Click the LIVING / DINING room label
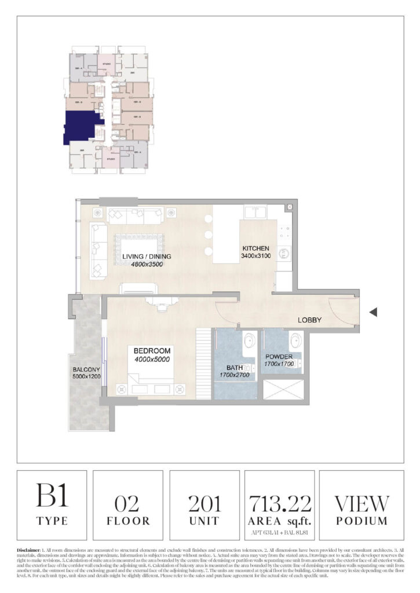(x=147, y=256)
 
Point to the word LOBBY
(x=309, y=320)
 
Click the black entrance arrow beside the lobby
(x=374, y=312)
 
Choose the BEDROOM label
(x=152, y=351)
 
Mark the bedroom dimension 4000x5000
(x=152, y=359)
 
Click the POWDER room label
(x=279, y=357)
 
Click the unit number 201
(x=204, y=503)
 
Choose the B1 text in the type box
(x=52, y=497)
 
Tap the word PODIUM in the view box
(x=361, y=521)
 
